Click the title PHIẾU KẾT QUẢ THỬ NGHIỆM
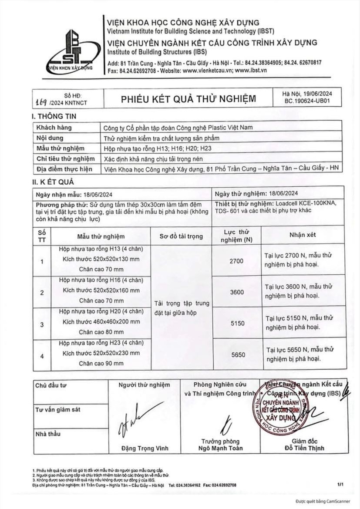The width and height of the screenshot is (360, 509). click(x=188, y=98)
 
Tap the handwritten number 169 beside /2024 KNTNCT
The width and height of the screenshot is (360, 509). click(x=43, y=102)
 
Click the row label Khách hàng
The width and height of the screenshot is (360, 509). click(x=54, y=128)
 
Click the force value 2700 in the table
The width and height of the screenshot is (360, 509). click(x=237, y=261)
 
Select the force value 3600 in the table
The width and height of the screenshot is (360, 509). click(x=237, y=292)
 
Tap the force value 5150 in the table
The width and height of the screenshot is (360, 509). click(x=238, y=324)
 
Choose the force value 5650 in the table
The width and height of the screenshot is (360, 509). click(x=238, y=355)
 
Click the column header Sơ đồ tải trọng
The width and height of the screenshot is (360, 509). click(x=181, y=236)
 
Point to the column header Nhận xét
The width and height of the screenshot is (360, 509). click(x=302, y=235)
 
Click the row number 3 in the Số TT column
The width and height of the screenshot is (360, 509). click(x=42, y=324)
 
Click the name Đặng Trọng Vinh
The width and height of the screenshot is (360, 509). click(x=145, y=448)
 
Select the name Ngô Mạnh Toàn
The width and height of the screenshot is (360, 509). click(x=220, y=448)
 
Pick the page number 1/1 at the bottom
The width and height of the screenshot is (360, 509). click(x=340, y=484)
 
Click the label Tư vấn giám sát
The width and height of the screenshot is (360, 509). click(x=57, y=410)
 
